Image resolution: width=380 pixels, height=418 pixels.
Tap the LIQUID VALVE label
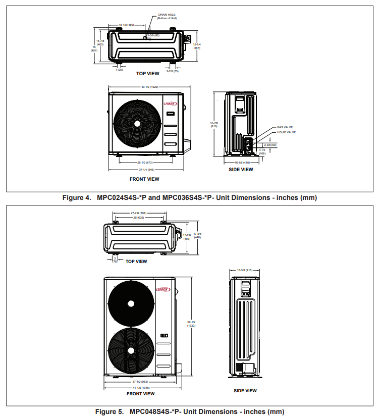point(286,132)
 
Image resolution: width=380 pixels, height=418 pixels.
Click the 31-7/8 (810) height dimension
point(214,124)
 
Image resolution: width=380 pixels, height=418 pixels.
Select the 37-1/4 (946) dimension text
point(147,170)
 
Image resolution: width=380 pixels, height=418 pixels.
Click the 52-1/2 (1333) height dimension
point(191,324)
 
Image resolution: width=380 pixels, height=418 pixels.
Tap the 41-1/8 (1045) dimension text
point(138,387)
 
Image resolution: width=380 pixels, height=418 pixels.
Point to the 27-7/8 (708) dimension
point(138,213)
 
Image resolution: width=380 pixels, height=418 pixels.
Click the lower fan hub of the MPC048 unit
point(131,350)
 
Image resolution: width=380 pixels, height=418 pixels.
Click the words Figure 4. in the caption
point(77,197)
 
